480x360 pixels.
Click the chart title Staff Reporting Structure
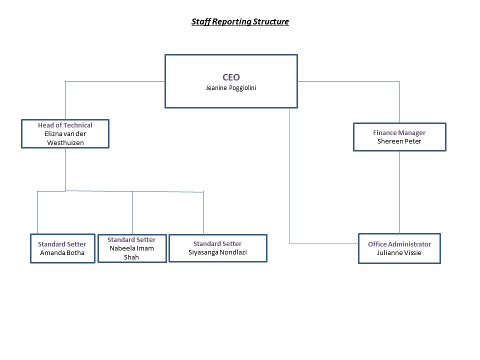coord(240,21)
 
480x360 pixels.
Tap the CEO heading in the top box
coord(231,77)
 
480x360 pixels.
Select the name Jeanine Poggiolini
coord(231,88)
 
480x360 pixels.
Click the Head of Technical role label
coord(65,125)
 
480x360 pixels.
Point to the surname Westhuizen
coord(65,142)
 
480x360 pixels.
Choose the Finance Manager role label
coord(399,133)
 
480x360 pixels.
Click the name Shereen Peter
coord(399,141)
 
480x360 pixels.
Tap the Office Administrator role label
coord(399,244)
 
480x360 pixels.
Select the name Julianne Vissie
coord(399,253)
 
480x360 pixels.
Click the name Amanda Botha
coord(62,253)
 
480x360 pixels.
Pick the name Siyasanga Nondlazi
coord(217,252)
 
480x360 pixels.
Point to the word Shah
coord(131,257)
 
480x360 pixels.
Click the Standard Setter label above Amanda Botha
coord(62,244)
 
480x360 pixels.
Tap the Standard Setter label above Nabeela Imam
coord(131,239)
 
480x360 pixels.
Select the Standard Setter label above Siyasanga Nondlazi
coord(217,243)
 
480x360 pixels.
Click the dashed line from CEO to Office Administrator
coord(289,209)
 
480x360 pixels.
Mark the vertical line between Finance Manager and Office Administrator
coord(399,192)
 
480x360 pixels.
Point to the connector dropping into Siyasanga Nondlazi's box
coord(203,213)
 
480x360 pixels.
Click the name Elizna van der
coord(65,134)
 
